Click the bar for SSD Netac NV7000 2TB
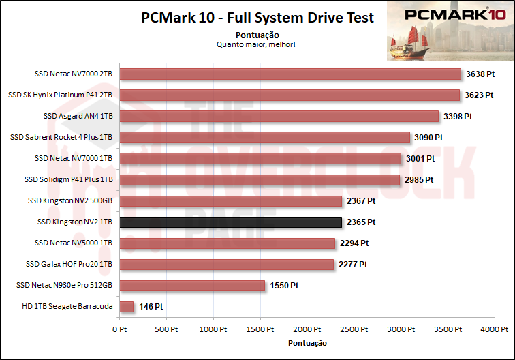[x=290, y=74]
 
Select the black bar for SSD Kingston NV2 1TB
[x=230, y=222]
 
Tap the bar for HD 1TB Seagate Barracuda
[x=126, y=307]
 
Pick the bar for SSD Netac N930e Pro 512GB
[x=192, y=286]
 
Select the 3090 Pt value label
[x=428, y=137]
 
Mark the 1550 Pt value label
[x=284, y=286]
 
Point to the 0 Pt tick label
[x=119, y=329]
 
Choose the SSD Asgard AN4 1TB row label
[x=78, y=116]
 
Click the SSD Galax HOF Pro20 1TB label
[x=69, y=265]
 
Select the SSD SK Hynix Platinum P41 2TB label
[x=60, y=95]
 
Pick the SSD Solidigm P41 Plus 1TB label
[x=68, y=180]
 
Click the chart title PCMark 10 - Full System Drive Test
[x=257, y=18]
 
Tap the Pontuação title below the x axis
[x=307, y=342]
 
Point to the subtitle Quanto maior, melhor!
[x=255, y=44]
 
